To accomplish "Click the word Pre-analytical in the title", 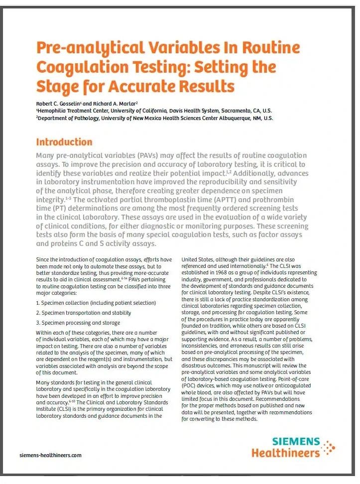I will click(85, 48).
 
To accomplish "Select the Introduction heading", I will click(64, 142).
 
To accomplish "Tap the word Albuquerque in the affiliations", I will click(219, 118).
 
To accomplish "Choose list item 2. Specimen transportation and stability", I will click(84, 313).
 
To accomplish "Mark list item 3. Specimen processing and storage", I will click(78, 323).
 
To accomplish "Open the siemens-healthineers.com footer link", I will click(50, 455).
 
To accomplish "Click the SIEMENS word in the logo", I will click(296, 442).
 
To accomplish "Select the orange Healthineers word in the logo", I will click(285, 453).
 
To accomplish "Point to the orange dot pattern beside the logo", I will click(328, 447).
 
